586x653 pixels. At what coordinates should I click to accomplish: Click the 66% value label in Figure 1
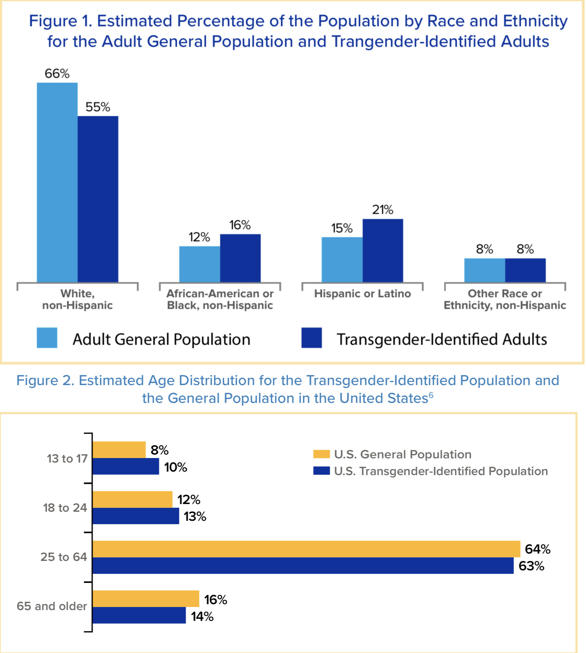(57, 74)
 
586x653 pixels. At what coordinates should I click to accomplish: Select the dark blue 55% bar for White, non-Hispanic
(98, 199)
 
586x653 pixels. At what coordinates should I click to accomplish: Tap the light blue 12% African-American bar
(200, 264)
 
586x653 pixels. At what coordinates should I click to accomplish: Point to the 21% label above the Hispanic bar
(383, 210)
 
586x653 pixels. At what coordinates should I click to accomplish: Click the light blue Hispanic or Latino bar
(342, 260)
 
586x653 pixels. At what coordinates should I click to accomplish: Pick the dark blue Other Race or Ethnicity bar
(525, 270)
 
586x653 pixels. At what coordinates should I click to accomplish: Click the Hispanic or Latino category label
(362, 294)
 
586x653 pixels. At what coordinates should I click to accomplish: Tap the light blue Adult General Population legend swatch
(47, 338)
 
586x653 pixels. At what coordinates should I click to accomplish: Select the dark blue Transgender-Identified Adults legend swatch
(311, 338)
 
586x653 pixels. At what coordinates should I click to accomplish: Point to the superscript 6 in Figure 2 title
(431, 395)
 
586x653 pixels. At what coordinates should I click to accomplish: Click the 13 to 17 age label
(67, 458)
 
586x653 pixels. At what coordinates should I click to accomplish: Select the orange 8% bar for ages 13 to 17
(119, 450)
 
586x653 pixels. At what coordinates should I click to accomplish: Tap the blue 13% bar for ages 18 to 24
(136, 516)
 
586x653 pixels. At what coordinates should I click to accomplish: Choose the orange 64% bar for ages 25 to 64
(306, 549)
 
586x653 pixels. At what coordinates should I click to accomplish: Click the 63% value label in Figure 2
(531, 566)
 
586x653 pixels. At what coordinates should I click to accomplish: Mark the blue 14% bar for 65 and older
(139, 615)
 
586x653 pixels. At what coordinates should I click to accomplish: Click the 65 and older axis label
(52, 606)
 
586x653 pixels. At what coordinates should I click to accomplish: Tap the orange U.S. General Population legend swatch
(321, 454)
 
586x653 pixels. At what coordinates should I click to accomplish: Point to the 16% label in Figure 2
(216, 600)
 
